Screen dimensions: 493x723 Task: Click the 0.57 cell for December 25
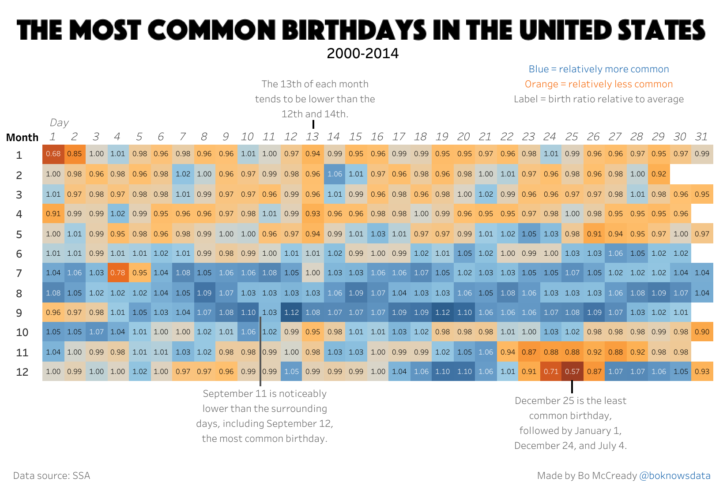(572, 371)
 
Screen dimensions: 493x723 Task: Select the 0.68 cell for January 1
(53, 154)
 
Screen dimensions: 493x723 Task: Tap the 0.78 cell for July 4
(118, 273)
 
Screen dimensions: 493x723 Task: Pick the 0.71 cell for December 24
(551, 371)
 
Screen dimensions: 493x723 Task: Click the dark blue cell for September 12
(291, 312)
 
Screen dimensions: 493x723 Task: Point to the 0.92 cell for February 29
(659, 174)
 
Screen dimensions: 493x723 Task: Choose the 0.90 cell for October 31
(702, 332)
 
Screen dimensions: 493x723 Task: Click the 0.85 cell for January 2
(75, 154)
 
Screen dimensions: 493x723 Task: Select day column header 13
(312, 137)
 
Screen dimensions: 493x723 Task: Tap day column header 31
(701, 137)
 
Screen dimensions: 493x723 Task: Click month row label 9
(19, 313)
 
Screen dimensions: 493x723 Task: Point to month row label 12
(22, 372)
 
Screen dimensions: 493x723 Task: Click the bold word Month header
(23, 138)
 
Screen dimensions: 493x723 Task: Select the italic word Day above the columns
(59, 123)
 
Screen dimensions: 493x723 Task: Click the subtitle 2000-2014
(362, 53)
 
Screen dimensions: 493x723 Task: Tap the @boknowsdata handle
(675, 475)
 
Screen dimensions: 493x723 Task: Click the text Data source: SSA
(52, 475)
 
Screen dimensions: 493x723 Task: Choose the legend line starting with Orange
(599, 84)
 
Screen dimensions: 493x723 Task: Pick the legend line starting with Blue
(599, 69)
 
